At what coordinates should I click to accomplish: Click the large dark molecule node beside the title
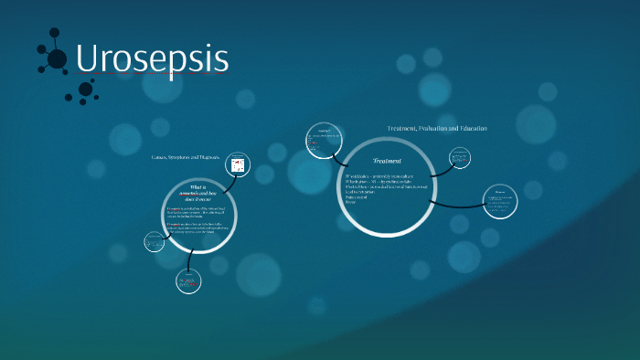(57, 59)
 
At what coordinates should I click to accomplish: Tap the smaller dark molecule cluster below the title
(86, 90)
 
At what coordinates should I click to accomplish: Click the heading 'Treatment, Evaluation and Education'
(437, 129)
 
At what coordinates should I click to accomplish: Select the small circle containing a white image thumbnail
(238, 165)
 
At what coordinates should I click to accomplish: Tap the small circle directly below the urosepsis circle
(188, 281)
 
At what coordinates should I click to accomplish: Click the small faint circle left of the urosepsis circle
(153, 242)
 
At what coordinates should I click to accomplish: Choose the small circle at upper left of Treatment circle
(321, 140)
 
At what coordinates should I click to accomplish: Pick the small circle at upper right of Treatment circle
(460, 157)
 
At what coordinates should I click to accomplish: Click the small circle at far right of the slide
(499, 201)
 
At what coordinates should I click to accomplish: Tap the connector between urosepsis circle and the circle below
(191, 260)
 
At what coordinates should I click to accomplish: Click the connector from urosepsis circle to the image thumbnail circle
(228, 180)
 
